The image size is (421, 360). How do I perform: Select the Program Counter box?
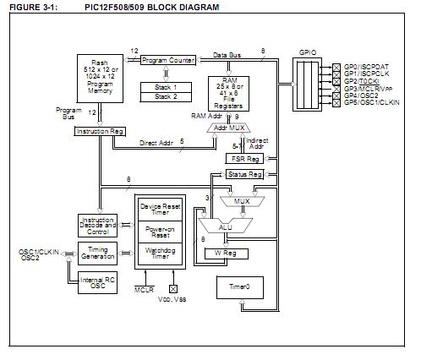pyautogui.click(x=167, y=60)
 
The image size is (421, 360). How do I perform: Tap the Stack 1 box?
pyautogui.click(x=166, y=86)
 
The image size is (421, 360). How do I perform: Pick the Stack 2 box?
pyautogui.click(x=166, y=97)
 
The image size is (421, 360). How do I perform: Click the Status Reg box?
pyautogui.click(x=244, y=173)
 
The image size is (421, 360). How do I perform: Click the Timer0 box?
pyautogui.click(x=240, y=288)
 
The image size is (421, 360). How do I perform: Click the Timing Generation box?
pyautogui.click(x=96, y=252)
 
